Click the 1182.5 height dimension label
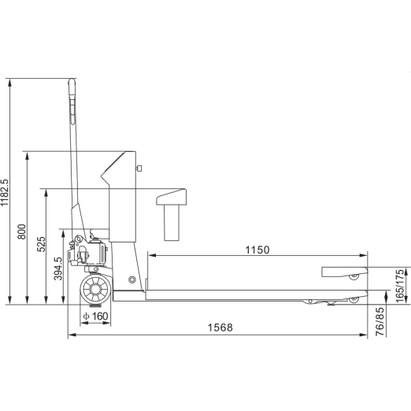coord(5,193)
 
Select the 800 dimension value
coord(22,231)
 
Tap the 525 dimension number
coord(41,244)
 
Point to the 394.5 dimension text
coord(58,268)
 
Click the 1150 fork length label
coord(257,250)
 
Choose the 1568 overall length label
coord(220,328)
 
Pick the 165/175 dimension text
coord(401,286)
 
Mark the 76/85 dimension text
coord(380,322)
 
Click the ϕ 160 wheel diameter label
coord(95,317)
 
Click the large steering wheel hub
coord(95,290)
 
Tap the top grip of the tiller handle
coord(72,87)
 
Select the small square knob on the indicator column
coord(139,168)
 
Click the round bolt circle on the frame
coord(132,280)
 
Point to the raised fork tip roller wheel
coord(354,276)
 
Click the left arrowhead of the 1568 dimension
coord(72,335)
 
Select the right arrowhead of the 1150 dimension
coord(363,255)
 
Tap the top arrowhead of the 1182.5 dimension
coord(10,83)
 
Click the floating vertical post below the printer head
coord(172,223)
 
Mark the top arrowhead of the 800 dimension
coord(27,156)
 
